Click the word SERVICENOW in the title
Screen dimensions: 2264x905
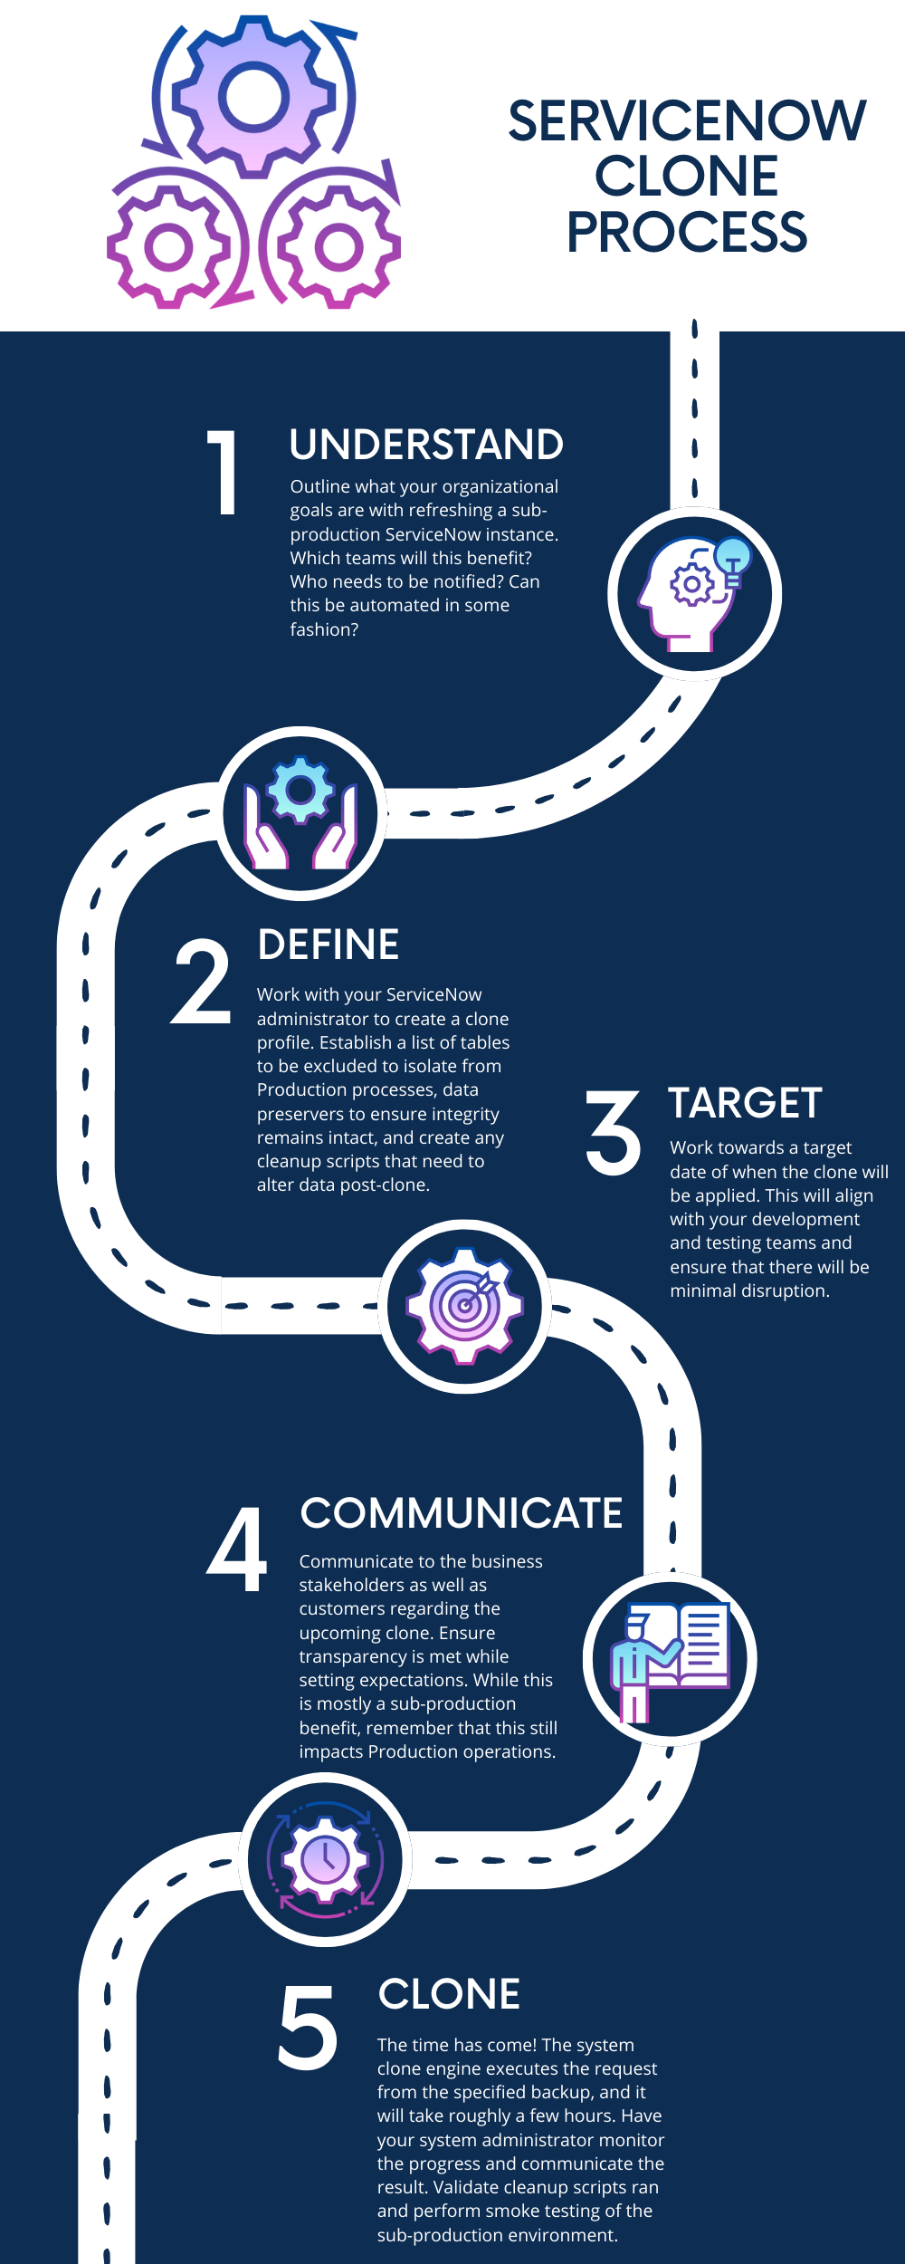[x=687, y=121]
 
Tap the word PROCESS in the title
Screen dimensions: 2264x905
[x=687, y=233]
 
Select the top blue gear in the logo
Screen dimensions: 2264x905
[x=254, y=96]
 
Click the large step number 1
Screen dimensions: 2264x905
[x=224, y=473]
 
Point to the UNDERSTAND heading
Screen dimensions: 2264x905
[x=426, y=445]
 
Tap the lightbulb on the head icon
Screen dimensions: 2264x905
[x=733, y=554]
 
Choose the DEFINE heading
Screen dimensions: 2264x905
[x=329, y=945]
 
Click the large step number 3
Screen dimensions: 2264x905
[x=613, y=1133]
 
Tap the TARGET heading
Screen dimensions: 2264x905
[x=745, y=1103]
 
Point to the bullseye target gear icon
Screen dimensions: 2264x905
[x=464, y=1305]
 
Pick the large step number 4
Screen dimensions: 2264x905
[x=237, y=1550]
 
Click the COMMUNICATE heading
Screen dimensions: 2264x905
[x=462, y=1513]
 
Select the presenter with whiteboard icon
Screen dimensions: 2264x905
[x=670, y=1659]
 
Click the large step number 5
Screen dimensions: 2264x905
[x=308, y=2027]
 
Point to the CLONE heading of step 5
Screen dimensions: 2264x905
[x=449, y=1994]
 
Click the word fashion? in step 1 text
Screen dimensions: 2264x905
[x=324, y=629]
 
